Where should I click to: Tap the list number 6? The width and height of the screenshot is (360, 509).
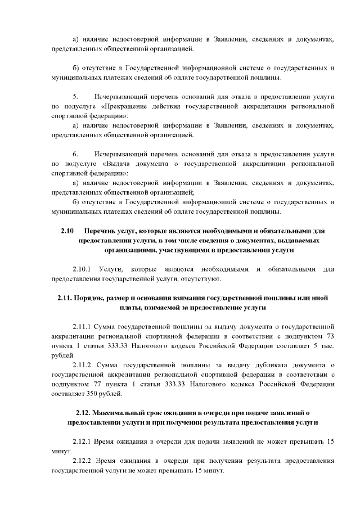tap(75, 154)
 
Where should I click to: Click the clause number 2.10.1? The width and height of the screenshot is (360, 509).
tap(84, 269)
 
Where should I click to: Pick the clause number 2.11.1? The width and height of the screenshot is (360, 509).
tap(84, 327)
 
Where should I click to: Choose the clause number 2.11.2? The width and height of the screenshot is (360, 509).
tap(84, 365)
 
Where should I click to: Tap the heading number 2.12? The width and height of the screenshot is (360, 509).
tap(85, 412)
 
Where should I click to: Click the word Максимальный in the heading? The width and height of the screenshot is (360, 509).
tap(122, 412)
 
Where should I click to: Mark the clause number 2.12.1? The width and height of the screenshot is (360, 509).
tap(84, 442)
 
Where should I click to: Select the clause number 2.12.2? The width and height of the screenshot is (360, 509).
tap(84, 461)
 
